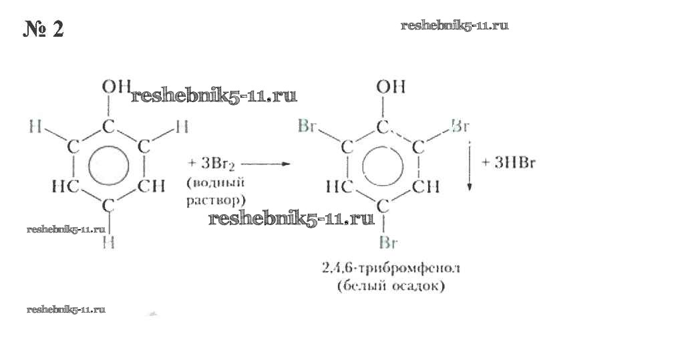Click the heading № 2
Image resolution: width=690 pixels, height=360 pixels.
44,29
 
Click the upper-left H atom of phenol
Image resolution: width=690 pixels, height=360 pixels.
35,125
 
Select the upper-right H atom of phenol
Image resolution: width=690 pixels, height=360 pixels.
181,126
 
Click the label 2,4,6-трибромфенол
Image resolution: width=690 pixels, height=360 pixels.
391,269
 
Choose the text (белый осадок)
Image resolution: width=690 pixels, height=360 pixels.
391,288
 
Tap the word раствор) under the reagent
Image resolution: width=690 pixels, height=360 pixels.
216,199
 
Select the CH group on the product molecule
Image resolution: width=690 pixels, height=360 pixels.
425,188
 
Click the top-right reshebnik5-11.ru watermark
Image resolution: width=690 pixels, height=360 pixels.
455,25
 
